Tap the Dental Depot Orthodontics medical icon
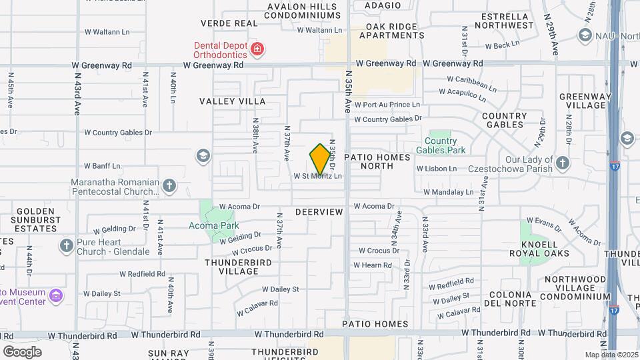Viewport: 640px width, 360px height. point(257,49)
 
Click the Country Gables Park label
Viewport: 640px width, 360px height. point(441,145)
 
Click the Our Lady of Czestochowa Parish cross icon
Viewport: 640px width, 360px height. point(563,163)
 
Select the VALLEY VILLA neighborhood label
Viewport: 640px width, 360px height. point(233,101)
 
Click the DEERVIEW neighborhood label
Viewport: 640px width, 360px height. point(319,212)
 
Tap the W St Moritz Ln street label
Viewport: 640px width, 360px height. point(318,177)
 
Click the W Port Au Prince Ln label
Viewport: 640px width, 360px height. point(387,105)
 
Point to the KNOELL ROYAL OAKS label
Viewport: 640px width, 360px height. point(539,248)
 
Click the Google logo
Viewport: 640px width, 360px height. point(22,351)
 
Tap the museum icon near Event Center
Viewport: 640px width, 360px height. point(57,295)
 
